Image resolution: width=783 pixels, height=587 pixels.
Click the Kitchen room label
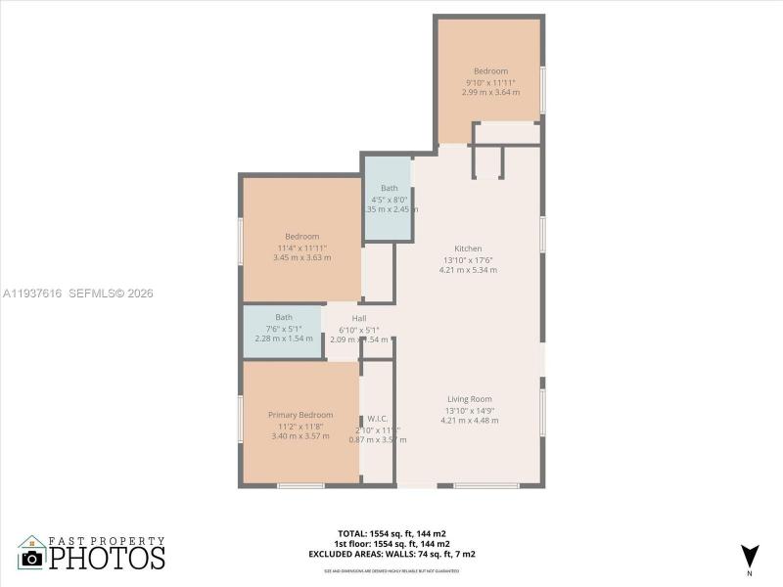pos(468,248)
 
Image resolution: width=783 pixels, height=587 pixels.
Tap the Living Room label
pos(469,399)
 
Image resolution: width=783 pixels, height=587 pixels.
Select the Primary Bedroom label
pos(300,415)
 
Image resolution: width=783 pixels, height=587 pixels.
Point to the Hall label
pos(359,319)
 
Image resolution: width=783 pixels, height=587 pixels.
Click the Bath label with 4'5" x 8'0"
pos(390,188)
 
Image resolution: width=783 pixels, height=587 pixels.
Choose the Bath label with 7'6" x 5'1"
pos(284,317)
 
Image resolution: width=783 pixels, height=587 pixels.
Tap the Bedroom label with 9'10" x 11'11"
pos(490,71)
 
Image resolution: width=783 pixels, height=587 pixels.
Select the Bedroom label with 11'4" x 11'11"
pos(301,237)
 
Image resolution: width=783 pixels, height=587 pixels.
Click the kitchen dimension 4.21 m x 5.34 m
pos(469,270)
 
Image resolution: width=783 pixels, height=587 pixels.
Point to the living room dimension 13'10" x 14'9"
pos(469,410)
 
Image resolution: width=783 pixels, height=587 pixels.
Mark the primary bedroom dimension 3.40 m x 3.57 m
pos(300,436)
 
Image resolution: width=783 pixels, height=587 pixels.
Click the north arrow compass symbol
pos(749,555)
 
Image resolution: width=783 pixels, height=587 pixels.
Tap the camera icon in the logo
pos(32,559)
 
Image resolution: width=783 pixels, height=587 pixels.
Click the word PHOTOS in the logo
pos(108,559)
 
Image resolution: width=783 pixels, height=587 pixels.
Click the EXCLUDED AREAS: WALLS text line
pos(391,553)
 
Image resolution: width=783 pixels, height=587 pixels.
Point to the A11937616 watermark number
pos(33,293)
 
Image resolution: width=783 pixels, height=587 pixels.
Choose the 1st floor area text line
pos(391,543)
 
